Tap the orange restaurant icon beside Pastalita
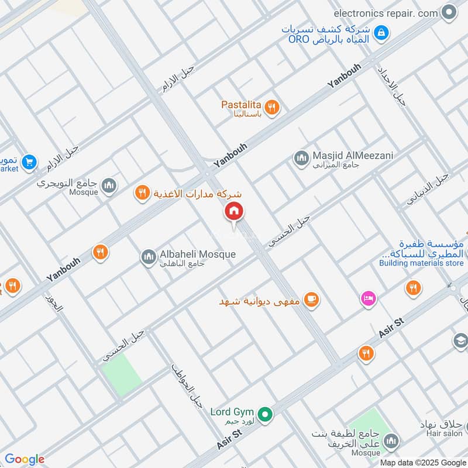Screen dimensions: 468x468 [x=271, y=107]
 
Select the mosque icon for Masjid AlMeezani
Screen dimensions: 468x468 [x=301, y=158]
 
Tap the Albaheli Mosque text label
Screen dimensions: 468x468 [x=198, y=254]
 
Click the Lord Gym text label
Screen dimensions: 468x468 [x=232, y=412]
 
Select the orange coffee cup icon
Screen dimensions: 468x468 [x=312, y=300]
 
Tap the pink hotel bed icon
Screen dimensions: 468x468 [x=367, y=298]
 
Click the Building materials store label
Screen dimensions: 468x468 [x=421, y=263]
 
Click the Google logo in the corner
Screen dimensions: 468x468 [x=25, y=459]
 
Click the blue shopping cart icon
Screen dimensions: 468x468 [x=29, y=161]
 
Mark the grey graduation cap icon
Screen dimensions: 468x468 [x=460, y=340]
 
